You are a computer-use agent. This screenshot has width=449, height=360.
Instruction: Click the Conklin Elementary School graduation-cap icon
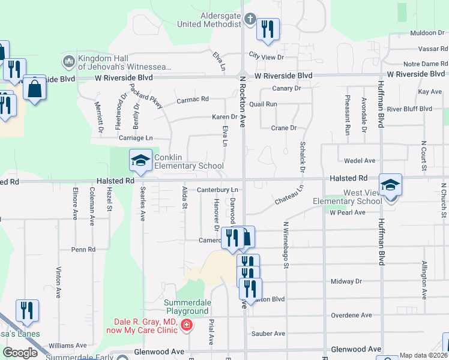[x=141, y=160]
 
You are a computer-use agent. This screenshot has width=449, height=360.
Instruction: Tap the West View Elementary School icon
[x=390, y=185]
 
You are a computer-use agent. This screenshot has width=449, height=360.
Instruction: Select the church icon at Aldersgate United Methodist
[x=251, y=19]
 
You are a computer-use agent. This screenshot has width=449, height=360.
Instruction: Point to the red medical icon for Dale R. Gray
[x=187, y=325]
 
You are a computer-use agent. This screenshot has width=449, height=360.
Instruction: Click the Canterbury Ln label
[x=218, y=190]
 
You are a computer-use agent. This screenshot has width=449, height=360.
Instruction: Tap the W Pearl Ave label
[x=347, y=212]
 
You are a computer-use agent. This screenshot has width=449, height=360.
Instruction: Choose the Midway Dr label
[x=346, y=281]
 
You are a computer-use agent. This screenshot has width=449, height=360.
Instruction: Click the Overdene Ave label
[x=351, y=315]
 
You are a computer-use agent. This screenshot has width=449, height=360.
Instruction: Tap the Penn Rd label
[x=83, y=249]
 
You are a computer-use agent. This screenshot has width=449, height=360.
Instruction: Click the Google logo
[x=20, y=352]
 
